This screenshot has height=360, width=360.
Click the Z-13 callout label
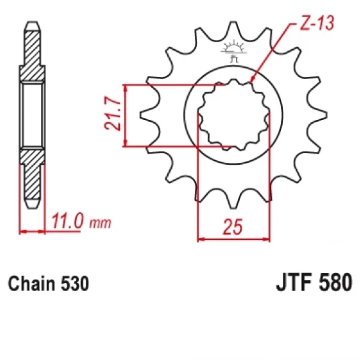(317, 23)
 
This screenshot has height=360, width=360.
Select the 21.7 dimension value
(112, 113)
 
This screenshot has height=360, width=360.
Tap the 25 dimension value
(232, 227)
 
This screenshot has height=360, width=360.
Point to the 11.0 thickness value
(66, 221)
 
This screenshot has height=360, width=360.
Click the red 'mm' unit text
(100, 223)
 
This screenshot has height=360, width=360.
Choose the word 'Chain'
(31, 284)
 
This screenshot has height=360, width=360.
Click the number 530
(75, 284)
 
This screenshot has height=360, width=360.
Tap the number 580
(335, 282)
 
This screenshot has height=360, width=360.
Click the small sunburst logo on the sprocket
(234, 51)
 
